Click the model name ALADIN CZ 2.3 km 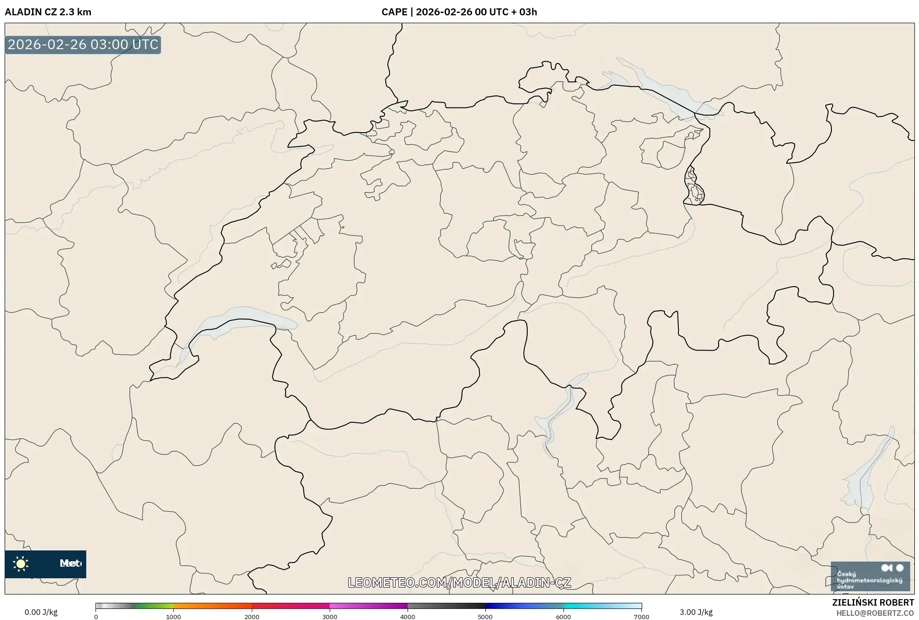click(48, 12)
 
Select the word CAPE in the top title click(394, 12)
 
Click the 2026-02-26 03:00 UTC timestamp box click(83, 45)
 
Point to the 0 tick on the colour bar click(96, 616)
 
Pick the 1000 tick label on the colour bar click(173, 616)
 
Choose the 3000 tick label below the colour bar click(330, 616)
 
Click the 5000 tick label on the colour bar click(485, 616)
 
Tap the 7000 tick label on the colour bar click(641, 616)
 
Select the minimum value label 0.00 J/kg click(41, 612)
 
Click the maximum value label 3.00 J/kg click(696, 612)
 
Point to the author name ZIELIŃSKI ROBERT click(873, 602)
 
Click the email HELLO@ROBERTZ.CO click(875, 613)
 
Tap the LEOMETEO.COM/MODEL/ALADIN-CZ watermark click(459, 582)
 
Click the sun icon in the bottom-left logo click(21, 563)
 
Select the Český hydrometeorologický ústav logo click(870, 576)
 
